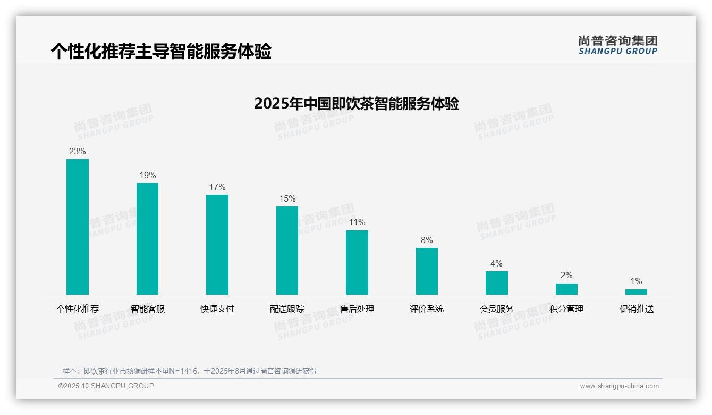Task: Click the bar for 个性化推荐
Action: click(78, 227)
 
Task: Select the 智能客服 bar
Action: click(147, 239)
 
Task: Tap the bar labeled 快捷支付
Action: click(217, 245)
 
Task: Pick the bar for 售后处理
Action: click(357, 262)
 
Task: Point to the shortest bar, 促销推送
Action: click(636, 292)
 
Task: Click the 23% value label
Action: click(78, 152)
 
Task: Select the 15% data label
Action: click(287, 199)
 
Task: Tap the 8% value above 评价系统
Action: click(427, 240)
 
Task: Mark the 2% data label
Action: click(566, 276)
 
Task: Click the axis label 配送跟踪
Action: click(287, 309)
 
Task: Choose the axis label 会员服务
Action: click(496, 309)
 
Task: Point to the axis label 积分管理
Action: click(566, 309)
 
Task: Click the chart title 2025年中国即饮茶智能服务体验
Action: click(356, 104)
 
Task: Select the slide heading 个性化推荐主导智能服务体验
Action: click(161, 52)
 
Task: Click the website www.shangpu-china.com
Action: click(619, 386)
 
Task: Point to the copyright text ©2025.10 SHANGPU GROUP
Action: click(106, 386)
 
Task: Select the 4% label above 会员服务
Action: click(496, 264)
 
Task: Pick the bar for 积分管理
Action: click(566, 289)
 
